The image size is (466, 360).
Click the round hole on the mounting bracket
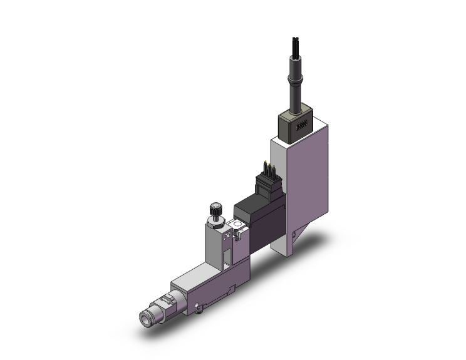coord(236,225)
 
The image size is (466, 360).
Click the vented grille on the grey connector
coord(303,126)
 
